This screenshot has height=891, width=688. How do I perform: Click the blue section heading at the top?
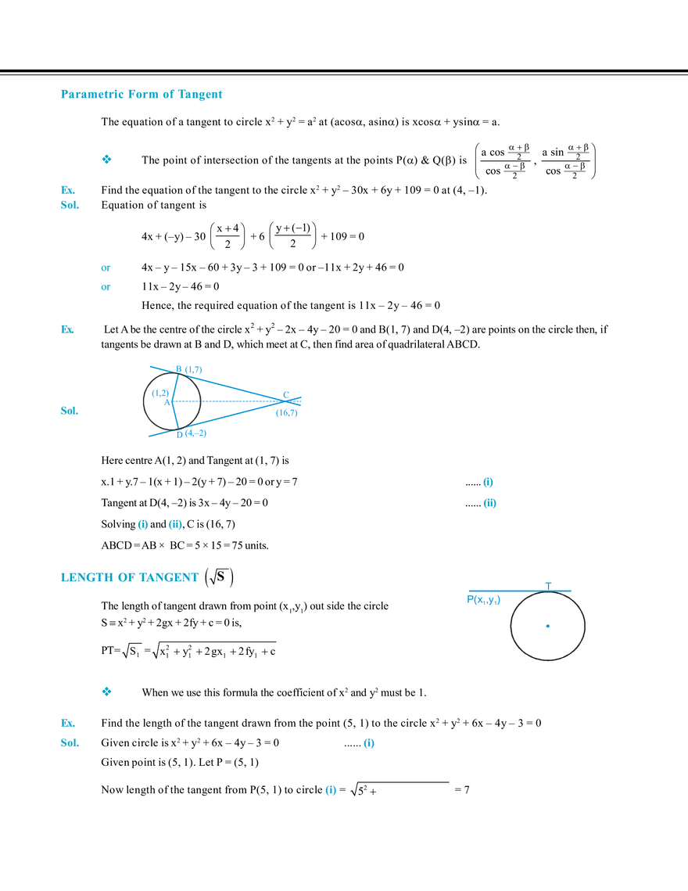click(141, 94)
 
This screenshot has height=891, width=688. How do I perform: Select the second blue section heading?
click(129, 578)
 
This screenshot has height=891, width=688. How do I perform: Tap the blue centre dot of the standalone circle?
click(549, 626)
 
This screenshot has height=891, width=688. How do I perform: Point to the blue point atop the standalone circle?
click(549, 584)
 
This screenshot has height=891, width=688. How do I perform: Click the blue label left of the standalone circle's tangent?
click(482, 598)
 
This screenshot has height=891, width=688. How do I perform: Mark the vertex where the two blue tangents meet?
click(287, 395)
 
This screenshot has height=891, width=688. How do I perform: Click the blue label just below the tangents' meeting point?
click(287, 414)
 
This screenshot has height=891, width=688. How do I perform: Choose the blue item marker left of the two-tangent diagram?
click(69, 411)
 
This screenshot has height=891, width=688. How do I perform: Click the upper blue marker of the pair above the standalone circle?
click(489, 481)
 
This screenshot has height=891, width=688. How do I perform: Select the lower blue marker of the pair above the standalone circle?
click(489, 505)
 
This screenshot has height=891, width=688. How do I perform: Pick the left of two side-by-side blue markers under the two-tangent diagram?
click(143, 524)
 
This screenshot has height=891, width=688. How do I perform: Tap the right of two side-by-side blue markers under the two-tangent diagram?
click(175, 524)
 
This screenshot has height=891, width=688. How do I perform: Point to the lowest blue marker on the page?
click(330, 791)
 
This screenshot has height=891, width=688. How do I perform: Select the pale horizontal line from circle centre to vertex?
click(235, 401)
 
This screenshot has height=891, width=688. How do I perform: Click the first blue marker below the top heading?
click(107, 160)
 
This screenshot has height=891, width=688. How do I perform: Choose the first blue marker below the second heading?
click(107, 692)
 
